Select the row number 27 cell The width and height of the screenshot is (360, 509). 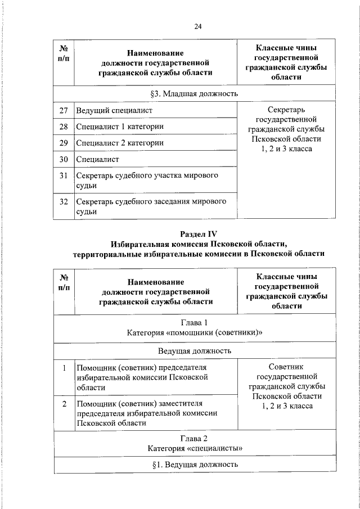(64, 110)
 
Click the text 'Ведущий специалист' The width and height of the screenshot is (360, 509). (114, 110)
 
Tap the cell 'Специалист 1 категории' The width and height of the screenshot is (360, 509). (120, 127)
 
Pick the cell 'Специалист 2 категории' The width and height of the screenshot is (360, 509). (120, 143)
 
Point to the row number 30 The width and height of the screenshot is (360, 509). (64, 159)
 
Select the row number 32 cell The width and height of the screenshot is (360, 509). (64, 201)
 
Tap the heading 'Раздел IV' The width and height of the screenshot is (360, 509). (199, 233)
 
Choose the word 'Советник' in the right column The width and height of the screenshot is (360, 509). (286, 366)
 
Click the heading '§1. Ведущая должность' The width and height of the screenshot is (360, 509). (195, 465)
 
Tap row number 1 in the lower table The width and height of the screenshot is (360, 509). (64, 368)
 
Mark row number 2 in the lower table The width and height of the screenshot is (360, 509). (64, 404)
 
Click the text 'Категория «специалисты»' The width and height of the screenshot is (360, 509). (195, 448)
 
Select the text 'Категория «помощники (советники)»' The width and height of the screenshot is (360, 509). (195, 333)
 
